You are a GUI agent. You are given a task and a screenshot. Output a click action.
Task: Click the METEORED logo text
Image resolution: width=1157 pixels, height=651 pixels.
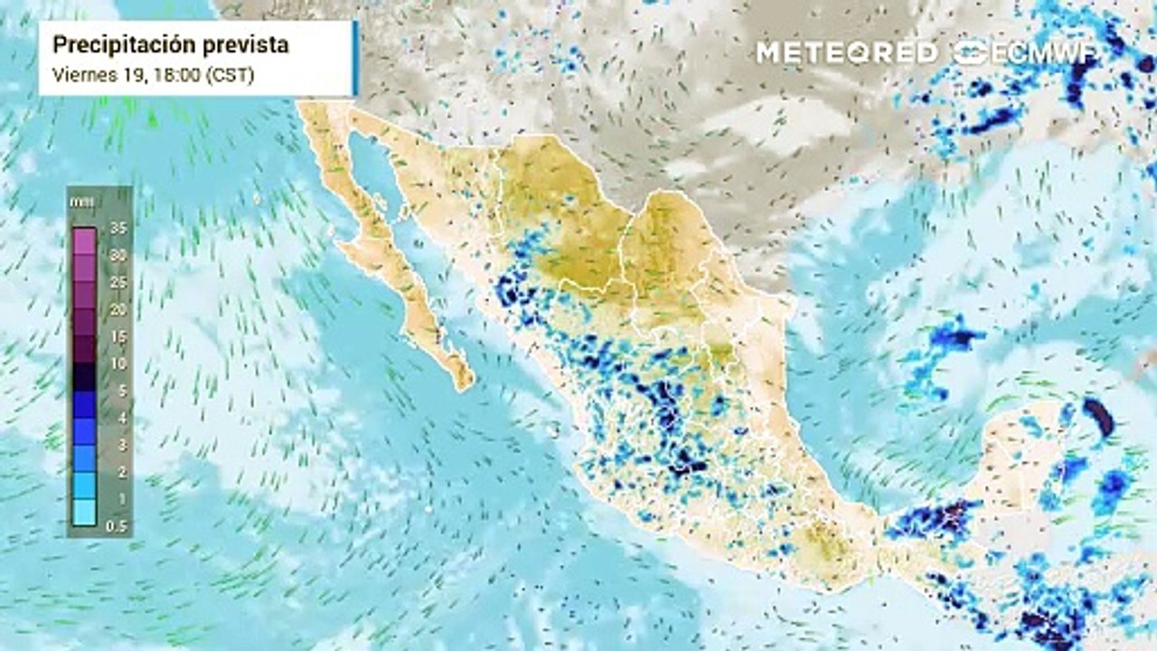(x=847, y=52)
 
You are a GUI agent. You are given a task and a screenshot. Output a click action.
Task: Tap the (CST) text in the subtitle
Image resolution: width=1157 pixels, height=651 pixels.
(x=230, y=76)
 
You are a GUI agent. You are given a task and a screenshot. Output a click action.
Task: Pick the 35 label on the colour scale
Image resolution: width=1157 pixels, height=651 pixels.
(x=118, y=229)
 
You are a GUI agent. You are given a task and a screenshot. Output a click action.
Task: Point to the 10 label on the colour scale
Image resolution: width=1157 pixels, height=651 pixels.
(x=118, y=363)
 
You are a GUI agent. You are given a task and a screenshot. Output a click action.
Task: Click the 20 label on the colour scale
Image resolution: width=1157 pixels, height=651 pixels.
(x=118, y=309)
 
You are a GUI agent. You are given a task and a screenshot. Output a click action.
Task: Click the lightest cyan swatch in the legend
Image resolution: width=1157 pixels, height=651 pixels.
(x=84, y=513)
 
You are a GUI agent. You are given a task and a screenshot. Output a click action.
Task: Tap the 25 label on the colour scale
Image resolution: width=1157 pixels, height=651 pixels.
(x=118, y=282)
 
